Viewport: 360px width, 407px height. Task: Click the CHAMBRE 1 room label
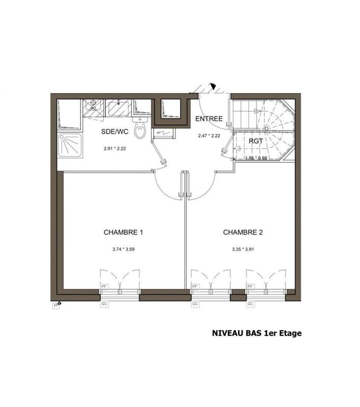coord(123,232)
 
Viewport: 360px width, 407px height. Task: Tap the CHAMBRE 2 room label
coord(242,232)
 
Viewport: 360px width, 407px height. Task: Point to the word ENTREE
coord(209,119)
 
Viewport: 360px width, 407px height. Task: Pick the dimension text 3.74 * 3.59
coord(123,250)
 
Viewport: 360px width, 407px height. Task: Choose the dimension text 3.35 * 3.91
coord(242,250)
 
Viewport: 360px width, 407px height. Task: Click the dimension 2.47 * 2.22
coord(209,136)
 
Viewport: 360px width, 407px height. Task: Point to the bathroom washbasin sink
coord(119,107)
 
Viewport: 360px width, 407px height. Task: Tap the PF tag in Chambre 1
coord(105,287)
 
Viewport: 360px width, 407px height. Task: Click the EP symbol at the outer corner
coord(57,305)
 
